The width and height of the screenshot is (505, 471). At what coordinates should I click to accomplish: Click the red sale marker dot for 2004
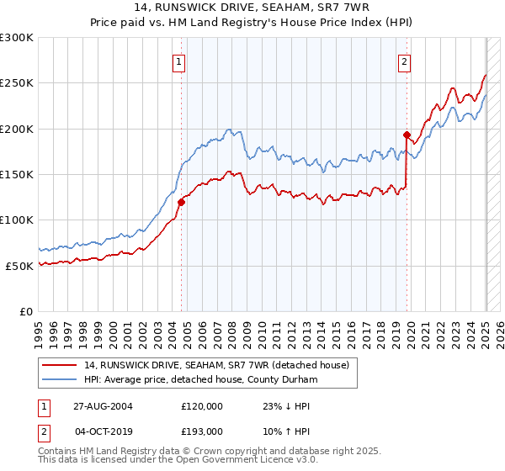click(x=182, y=202)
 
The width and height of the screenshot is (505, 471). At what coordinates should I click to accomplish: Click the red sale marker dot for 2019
click(x=406, y=135)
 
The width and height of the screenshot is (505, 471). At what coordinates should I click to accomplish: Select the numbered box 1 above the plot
click(x=180, y=61)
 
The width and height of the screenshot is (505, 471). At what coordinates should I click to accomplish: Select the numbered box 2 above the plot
click(x=405, y=61)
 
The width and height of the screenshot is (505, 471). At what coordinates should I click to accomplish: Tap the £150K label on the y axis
click(x=17, y=174)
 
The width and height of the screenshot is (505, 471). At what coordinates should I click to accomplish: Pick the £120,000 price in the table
click(x=202, y=405)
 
